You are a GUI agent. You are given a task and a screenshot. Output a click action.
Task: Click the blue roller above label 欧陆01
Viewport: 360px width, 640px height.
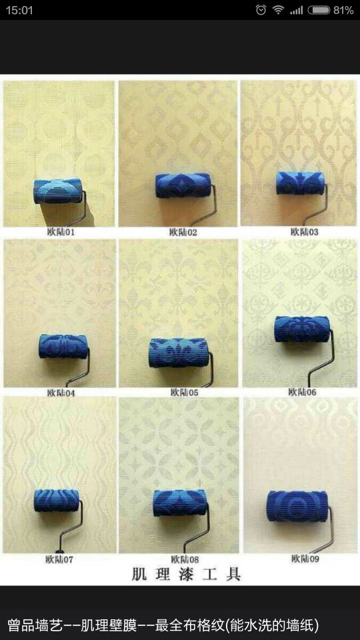(58, 191)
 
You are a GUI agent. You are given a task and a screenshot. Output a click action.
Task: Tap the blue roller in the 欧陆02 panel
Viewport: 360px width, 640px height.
(183, 185)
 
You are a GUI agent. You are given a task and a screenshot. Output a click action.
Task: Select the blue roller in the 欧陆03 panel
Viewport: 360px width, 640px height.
(301, 183)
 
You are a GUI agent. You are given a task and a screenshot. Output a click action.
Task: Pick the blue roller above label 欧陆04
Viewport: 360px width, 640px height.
(63, 347)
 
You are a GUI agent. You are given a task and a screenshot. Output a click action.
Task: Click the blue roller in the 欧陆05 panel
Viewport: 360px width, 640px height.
(179, 352)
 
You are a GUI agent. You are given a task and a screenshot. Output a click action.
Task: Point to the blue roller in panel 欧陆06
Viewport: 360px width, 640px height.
(302, 329)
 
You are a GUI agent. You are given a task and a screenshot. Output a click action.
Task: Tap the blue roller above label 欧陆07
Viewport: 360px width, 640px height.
(56, 501)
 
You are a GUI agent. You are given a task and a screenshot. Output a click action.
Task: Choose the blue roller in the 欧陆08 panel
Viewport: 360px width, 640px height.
(180, 503)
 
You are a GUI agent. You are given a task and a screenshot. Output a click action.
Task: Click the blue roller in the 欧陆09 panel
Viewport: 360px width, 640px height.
(297, 506)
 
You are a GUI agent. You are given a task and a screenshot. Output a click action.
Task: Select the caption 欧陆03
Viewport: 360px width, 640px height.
(305, 232)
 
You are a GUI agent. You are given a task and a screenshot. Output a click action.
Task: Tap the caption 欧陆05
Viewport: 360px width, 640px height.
(185, 393)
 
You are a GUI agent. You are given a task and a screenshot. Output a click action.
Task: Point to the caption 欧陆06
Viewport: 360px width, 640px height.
(303, 392)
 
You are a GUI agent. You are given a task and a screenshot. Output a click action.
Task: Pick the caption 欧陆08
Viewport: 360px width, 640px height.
(185, 559)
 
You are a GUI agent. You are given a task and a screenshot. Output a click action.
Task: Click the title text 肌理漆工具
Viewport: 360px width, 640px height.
(186, 574)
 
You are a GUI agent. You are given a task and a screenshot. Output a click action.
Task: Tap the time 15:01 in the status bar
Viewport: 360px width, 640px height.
(19, 10)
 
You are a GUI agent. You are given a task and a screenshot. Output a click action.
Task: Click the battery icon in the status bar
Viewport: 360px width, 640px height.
(319, 10)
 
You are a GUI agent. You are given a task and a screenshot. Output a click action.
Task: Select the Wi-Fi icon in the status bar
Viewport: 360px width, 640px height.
(279, 10)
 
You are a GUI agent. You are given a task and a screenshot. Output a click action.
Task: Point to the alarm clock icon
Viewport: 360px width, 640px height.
(261, 10)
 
